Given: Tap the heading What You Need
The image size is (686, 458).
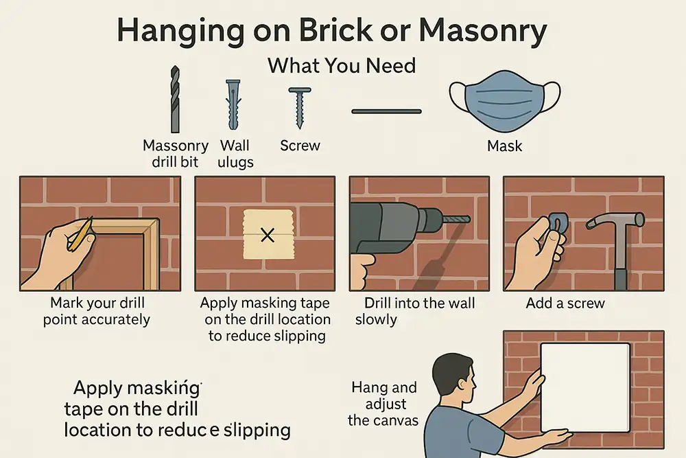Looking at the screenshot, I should (341, 67).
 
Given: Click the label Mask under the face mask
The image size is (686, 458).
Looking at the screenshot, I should (504, 146).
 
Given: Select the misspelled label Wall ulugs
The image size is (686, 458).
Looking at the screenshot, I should (235, 154).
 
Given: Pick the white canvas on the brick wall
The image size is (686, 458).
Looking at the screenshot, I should (585, 386).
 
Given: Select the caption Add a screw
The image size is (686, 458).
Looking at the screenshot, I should (565, 302).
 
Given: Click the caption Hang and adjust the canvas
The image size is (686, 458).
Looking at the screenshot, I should (383, 404).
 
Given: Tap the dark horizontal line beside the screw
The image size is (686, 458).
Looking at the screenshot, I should (386, 111).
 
